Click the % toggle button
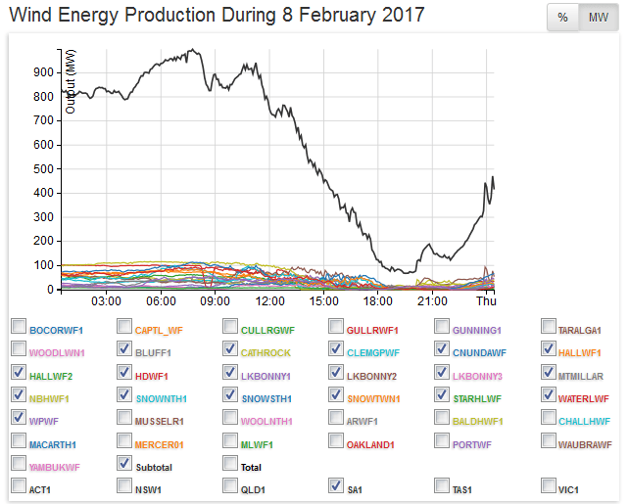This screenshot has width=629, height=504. [562, 18]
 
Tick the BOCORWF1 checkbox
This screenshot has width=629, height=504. [19, 327]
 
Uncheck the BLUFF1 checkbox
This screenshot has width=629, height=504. [123, 348]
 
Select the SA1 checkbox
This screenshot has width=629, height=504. [335, 484]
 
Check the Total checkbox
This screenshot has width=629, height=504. [229, 463]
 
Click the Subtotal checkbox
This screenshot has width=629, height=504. [123, 463]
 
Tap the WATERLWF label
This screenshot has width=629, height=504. [585, 399]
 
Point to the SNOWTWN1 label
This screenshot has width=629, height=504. [371, 399]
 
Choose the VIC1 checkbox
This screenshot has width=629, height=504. [548, 484]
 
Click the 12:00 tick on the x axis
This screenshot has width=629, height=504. [269, 301]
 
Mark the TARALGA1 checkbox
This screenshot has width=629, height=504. [548, 327]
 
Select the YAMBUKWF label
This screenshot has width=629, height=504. [55, 468]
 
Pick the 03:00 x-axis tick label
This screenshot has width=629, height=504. [106, 301]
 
